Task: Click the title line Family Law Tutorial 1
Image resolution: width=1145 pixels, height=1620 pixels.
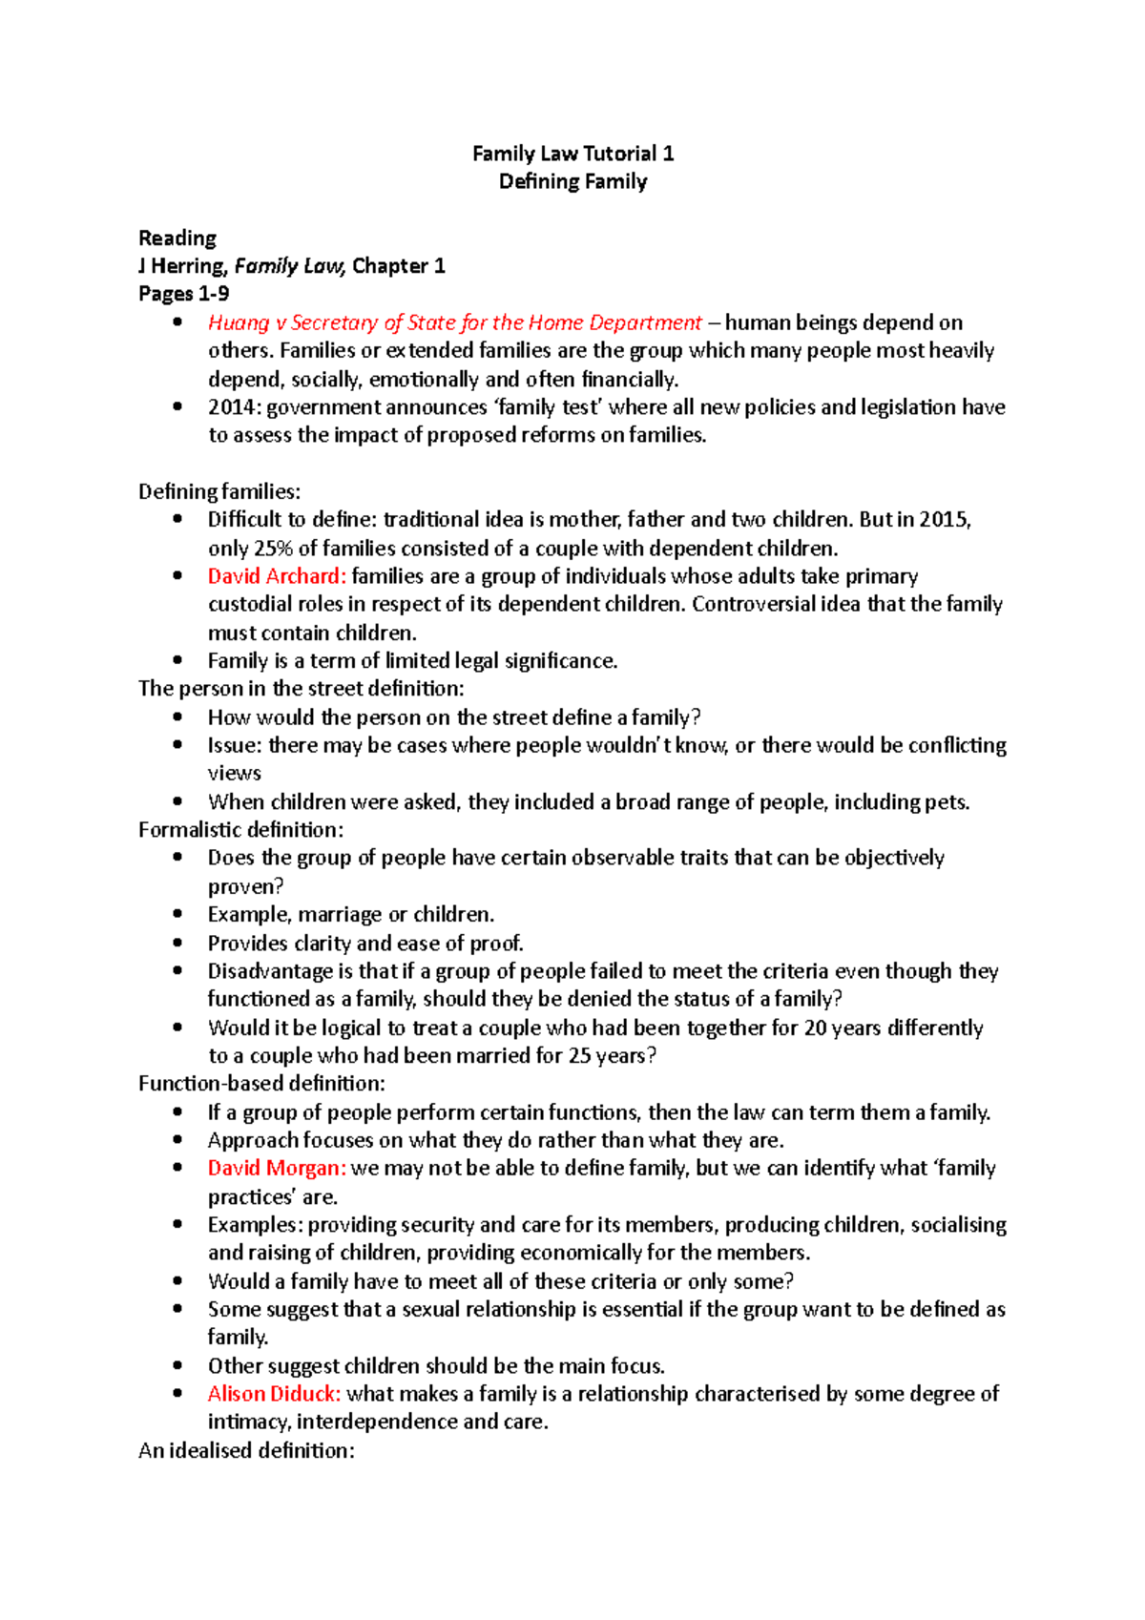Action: [572, 154]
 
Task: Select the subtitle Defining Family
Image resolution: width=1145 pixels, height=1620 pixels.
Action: [572, 181]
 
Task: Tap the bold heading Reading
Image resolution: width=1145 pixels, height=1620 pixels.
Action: [177, 238]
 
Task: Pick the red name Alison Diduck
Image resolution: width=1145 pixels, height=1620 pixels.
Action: [274, 1394]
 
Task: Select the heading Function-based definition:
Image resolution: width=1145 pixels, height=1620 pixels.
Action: [261, 1084]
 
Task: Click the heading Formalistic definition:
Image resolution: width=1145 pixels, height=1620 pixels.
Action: [240, 830]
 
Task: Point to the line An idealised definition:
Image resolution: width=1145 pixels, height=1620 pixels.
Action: [246, 1450]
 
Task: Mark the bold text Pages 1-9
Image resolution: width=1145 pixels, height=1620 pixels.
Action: [184, 294]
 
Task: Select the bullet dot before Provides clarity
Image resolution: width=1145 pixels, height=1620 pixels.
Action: [177, 943]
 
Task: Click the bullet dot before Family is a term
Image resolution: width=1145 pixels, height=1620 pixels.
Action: [177, 660]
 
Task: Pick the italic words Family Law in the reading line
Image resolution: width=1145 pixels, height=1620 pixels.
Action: [290, 266]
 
